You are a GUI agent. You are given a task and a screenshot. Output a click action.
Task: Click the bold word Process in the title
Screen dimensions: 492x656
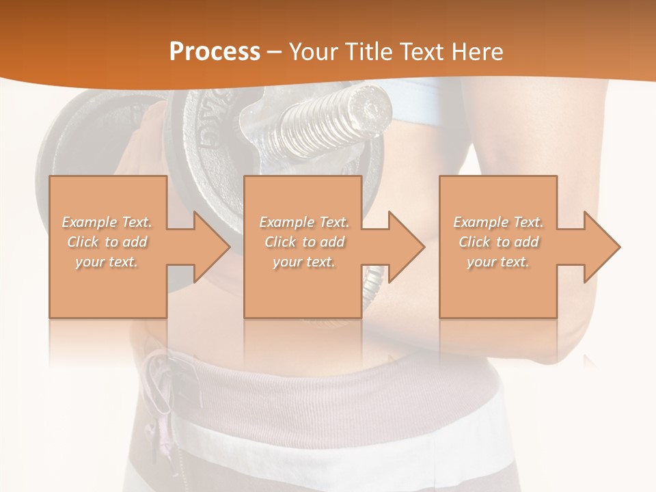coord(215,52)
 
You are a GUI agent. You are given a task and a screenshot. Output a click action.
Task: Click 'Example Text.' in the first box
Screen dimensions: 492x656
coord(107,222)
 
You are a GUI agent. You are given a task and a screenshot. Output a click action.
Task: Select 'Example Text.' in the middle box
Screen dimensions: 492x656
coord(304,222)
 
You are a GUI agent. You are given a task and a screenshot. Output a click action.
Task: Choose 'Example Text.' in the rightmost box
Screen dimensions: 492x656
coord(498,222)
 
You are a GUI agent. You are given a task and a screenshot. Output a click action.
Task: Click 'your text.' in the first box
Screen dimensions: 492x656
coord(107,262)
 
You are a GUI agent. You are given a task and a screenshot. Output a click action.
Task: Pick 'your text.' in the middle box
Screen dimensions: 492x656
coord(304,262)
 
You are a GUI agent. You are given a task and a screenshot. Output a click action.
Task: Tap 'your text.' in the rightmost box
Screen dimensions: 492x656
coord(498,262)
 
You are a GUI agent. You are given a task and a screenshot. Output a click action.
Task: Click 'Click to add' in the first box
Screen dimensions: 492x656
coord(107,242)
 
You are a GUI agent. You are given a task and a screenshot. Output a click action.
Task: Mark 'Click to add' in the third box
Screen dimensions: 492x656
coord(498,242)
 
